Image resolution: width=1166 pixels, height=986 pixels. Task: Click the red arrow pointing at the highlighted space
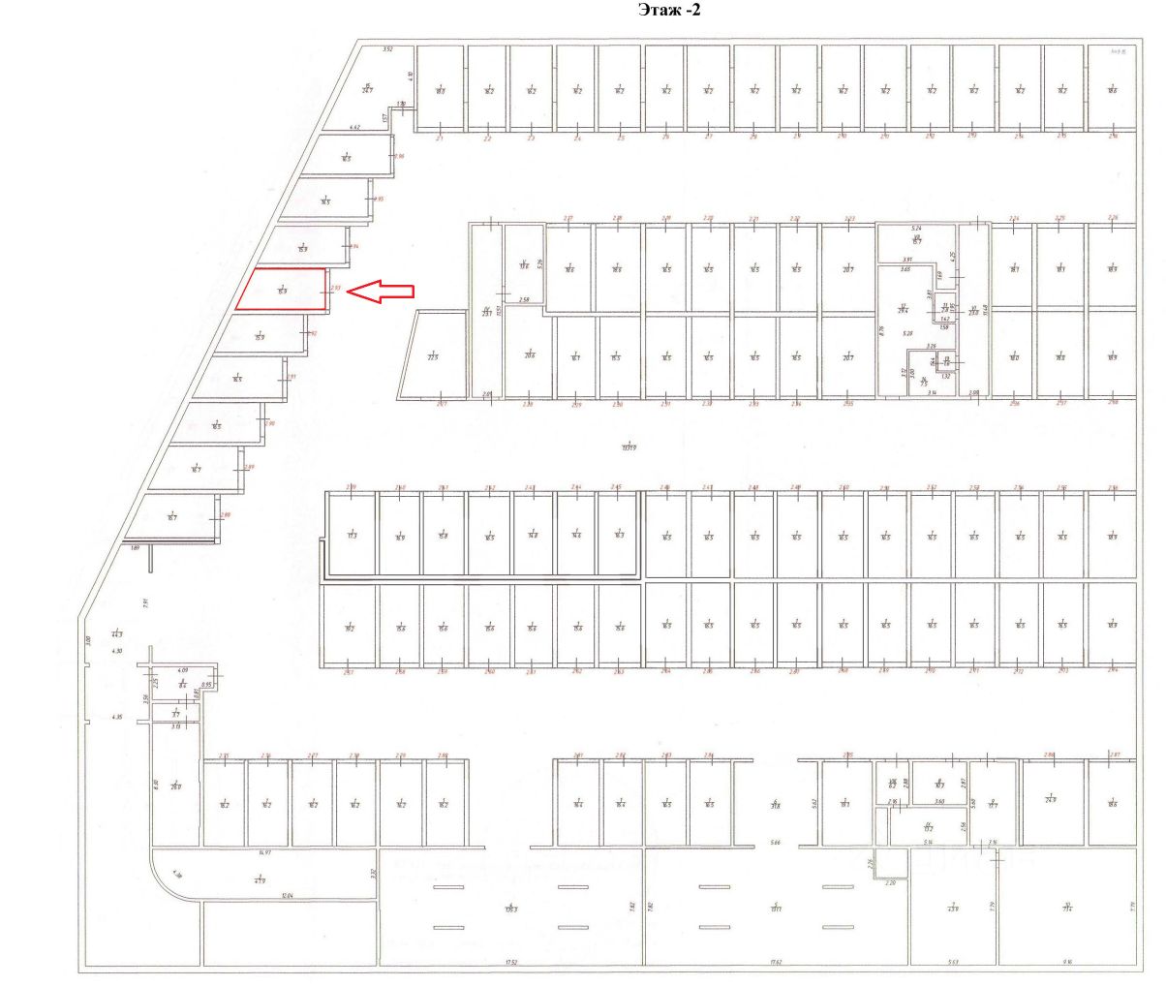[380, 291]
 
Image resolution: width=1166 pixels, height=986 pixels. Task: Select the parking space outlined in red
[282, 290]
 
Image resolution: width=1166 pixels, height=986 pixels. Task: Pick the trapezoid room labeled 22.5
[433, 354]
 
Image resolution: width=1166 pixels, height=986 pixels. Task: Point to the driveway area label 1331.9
[629, 447]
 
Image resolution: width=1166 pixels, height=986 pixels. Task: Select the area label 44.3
[117, 634]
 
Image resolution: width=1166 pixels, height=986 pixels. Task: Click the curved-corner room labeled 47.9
[260, 878]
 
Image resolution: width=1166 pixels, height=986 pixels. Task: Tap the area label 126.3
[510, 909]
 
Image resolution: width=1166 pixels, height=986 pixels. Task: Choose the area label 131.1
[776, 909]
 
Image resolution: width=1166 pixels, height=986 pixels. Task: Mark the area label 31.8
[775, 805]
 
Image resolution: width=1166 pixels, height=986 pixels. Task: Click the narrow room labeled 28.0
[176, 786]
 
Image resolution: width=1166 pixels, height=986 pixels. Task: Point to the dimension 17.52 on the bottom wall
[510, 962]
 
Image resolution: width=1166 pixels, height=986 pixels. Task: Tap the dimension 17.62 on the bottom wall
[776, 962]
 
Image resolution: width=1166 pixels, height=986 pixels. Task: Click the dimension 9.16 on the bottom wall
[1066, 962]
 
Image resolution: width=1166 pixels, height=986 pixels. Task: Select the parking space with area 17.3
[353, 535]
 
